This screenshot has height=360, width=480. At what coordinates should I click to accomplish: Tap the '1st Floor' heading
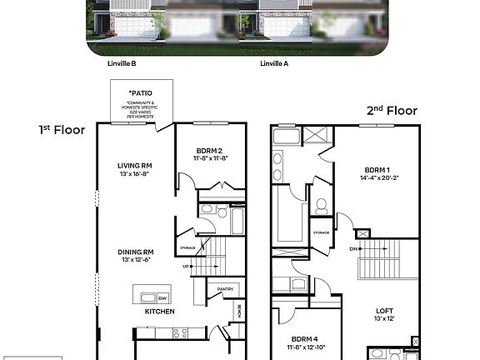62,130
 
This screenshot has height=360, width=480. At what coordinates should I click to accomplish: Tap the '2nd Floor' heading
391,110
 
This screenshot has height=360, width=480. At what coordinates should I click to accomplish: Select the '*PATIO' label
141,93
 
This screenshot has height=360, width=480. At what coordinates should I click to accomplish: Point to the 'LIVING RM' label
133,165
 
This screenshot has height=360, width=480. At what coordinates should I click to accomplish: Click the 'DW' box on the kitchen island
163,297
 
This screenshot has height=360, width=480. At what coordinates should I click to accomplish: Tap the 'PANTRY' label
224,289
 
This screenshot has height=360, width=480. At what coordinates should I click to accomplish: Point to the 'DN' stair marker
353,248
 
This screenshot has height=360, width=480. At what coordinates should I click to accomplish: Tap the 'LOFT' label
385,310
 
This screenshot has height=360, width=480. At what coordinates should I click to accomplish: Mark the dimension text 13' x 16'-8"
133,174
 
